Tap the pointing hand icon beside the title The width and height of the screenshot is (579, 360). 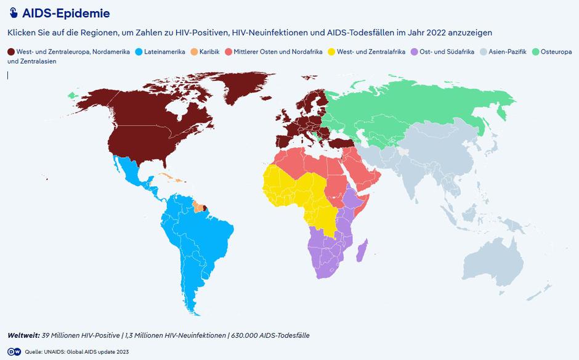tap(13, 14)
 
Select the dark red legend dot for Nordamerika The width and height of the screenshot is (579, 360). tap(10, 52)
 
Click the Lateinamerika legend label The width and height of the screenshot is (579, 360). tap(164, 52)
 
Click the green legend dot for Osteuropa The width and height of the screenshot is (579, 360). tap(535, 52)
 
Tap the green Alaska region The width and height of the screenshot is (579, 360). tap(73, 95)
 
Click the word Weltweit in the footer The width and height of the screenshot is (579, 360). tap(23, 335)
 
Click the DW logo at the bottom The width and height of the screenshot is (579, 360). tap(14, 351)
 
